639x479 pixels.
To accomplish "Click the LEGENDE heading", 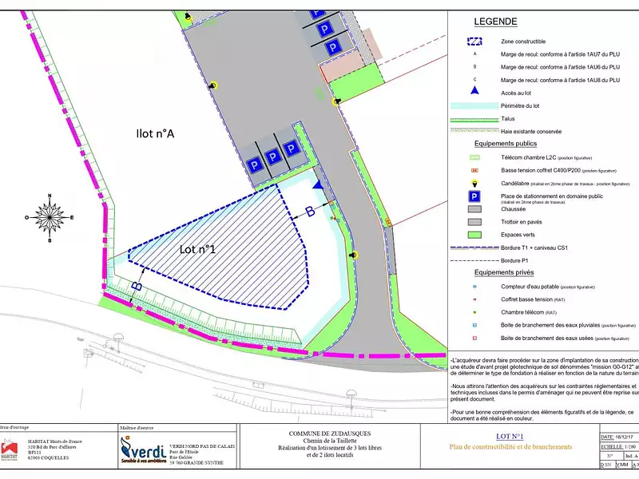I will coord(495,22).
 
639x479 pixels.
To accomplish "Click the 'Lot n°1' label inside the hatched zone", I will coord(198,250).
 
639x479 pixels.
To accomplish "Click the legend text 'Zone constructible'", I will coord(523,41).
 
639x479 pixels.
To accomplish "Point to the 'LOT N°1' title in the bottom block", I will coord(509,436).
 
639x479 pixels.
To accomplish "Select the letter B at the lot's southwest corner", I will coord(137,285).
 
